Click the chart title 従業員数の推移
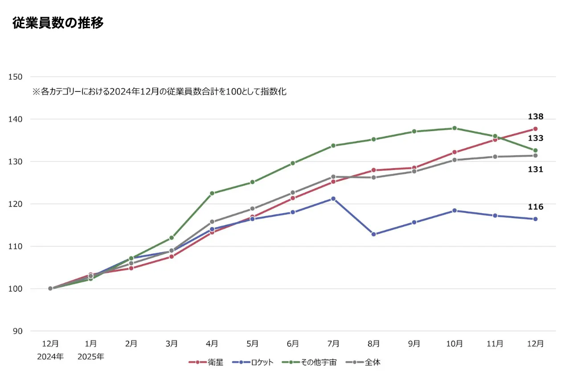click(x=58, y=23)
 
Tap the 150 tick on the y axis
click(x=16, y=77)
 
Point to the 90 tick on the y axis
click(x=17, y=331)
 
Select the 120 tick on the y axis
click(x=16, y=204)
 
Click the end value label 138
click(x=535, y=117)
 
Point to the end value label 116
click(x=535, y=207)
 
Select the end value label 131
click(x=535, y=169)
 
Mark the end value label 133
click(x=535, y=138)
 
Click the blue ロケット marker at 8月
click(x=374, y=234)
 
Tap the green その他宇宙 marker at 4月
click(x=212, y=193)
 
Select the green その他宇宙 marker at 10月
click(x=454, y=128)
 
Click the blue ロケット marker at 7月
click(x=333, y=198)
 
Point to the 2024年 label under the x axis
click(x=50, y=357)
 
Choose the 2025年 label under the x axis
click(x=91, y=357)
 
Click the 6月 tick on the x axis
click(x=293, y=344)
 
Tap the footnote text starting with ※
click(x=159, y=92)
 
